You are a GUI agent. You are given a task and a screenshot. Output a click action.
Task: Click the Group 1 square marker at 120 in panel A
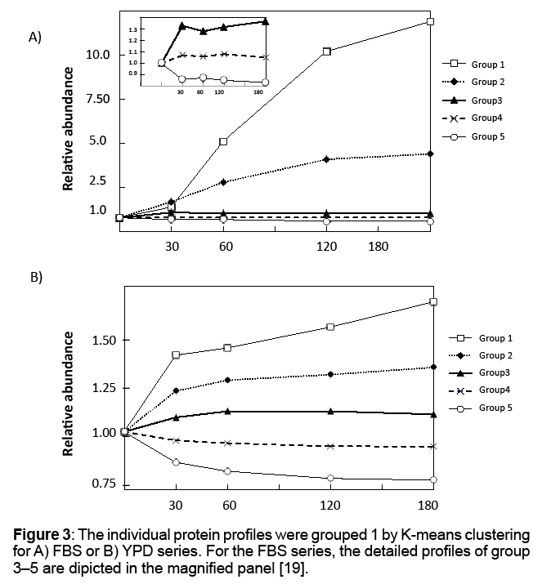point(327,51)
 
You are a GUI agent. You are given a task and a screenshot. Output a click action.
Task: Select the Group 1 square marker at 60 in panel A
point(223,142)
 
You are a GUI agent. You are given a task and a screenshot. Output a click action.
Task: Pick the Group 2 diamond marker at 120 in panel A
point(327,159)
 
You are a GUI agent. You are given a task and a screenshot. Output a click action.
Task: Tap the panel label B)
point(35,278)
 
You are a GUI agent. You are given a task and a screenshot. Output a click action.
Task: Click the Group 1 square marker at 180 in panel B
point(433,302)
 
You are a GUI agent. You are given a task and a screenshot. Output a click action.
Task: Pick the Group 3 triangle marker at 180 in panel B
point(433,414)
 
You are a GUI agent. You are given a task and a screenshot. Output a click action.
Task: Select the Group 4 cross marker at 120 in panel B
point(330,446)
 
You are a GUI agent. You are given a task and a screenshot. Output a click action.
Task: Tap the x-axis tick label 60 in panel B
point(229,504)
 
